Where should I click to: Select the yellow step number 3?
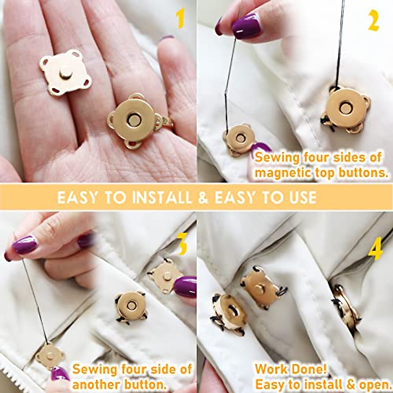[x=182, y=245]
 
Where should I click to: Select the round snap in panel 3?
[x=131, y=306]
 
